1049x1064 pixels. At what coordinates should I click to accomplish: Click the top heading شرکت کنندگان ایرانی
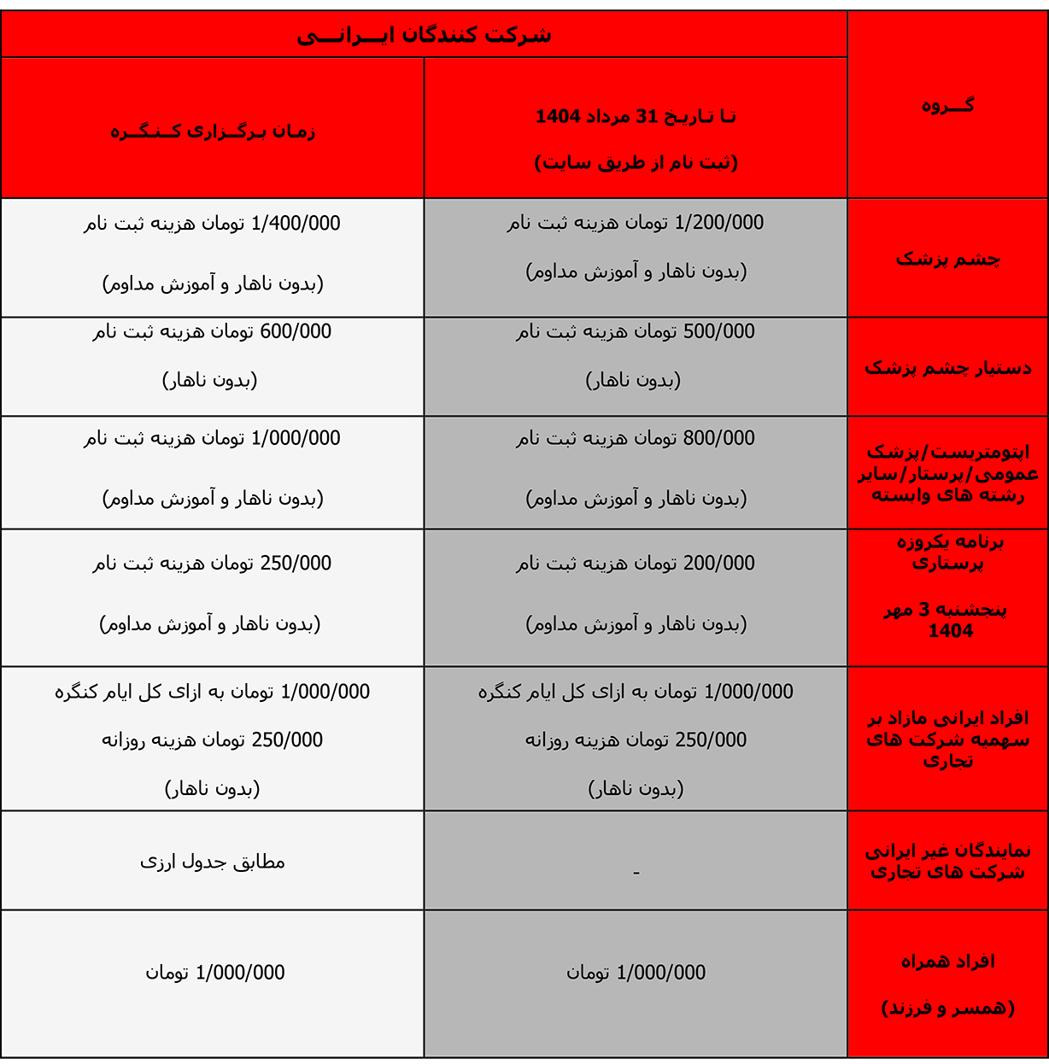pos(424,36)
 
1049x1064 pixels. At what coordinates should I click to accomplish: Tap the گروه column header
pos(947,106)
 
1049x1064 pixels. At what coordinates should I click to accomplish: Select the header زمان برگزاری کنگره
pos(212,132)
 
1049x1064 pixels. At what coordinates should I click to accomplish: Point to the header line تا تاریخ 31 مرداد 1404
pos(636,117)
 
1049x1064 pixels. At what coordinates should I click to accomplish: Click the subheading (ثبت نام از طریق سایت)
pos(636,162)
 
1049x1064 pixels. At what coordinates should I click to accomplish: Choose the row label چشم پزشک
pos(947,259)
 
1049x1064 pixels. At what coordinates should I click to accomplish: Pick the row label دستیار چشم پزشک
pos(947,368)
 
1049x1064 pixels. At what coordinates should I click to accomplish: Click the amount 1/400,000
pos(296,224)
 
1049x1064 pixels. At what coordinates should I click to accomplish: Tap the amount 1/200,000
pos(718,223)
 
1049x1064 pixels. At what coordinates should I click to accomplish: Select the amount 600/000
pos(296,331)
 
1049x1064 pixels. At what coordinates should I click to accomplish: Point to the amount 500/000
pos(718,331)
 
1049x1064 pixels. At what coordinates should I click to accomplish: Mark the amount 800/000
pos(718,438)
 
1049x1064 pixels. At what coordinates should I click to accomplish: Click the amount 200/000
pos(718,563)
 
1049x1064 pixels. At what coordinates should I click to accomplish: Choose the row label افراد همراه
pos(947,962)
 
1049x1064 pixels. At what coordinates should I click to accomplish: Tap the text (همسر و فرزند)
pos(947,1008)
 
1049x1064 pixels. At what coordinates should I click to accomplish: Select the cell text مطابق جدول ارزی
pos(212,862)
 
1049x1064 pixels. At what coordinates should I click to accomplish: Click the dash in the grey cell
pos(636,873)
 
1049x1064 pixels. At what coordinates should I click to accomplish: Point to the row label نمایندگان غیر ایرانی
pos(947,851)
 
